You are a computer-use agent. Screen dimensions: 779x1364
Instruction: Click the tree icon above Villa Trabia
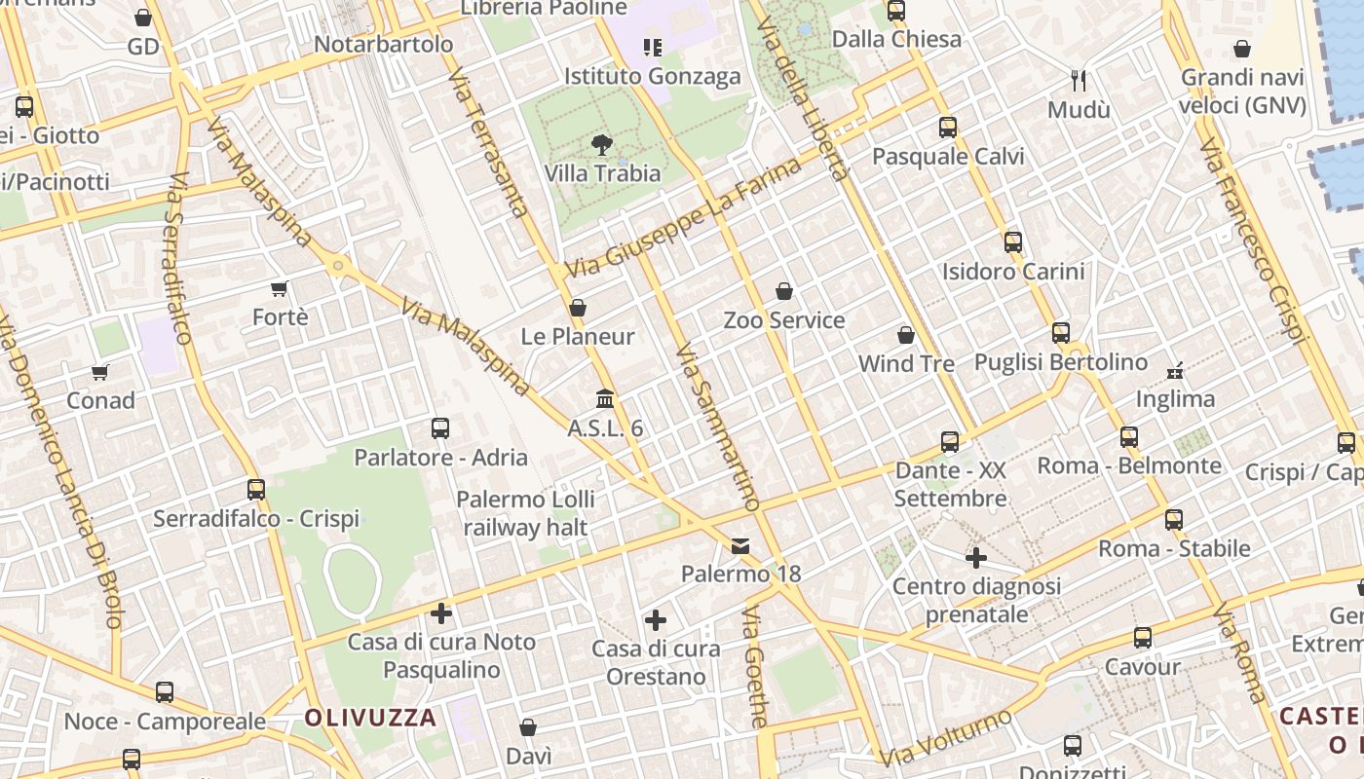(x=602, y=145)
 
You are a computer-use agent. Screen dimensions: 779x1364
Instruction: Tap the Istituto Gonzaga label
(x=653, y=76)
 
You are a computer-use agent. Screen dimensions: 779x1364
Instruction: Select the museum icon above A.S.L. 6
(x=605, y=399)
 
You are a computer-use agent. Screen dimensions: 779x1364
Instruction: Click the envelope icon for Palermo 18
(x=741, y=545)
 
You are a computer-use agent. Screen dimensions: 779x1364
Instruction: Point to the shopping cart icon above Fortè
(x=280, y=288)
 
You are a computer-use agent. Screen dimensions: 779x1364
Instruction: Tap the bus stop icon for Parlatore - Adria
(x=440, y=428)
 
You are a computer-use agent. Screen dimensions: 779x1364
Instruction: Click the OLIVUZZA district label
(x=370, y=719)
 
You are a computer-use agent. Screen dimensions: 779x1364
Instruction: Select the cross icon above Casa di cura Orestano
(x=656, y=619)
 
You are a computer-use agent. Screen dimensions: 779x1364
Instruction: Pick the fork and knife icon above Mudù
(x=1079, y=80)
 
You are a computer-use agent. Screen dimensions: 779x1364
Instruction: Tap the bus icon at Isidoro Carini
(x=1013, y=241)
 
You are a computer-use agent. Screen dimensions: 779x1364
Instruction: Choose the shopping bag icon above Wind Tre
(x=906, y=335)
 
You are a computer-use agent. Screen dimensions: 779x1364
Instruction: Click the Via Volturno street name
(x=945, y=739)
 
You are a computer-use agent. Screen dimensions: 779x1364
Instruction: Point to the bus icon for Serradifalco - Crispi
(x=256, y=489)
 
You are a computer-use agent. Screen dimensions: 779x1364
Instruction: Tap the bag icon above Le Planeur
(x=578, y=308)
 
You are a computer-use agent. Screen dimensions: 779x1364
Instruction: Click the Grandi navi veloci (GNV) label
(x=1242, y=91)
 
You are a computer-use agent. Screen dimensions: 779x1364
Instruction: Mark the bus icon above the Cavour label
(x=1143, y=639)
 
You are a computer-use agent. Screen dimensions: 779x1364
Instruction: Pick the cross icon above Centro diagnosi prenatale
(x=976, y=558)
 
